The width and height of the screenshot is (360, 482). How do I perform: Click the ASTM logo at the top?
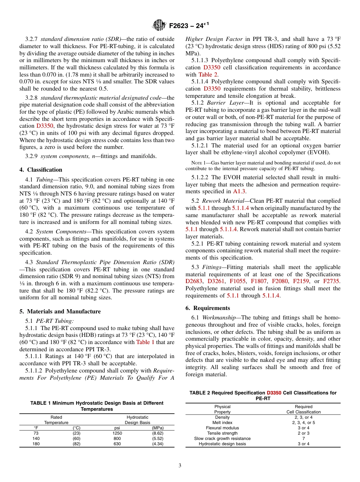tap(159, 25)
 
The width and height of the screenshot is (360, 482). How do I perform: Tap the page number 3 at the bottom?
tap(180, 465)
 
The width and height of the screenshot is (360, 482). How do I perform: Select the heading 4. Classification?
tap(41, 170)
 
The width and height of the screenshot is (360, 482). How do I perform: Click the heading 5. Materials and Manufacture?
tap(60, 311)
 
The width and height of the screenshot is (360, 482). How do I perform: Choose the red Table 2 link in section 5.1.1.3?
tap(209, 75)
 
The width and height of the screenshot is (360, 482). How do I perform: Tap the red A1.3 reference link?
tap(239, 191)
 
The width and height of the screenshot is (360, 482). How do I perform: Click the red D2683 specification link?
tap(194, 281)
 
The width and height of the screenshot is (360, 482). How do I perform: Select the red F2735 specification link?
tap(331, 281)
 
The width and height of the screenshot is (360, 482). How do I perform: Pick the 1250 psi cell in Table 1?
tap(117, 433)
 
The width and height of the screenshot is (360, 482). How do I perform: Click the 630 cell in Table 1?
tap(117, 444)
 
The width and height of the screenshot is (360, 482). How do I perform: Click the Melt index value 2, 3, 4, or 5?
tap(303, 423)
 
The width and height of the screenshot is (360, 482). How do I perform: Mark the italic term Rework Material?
tap(221, 201)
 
